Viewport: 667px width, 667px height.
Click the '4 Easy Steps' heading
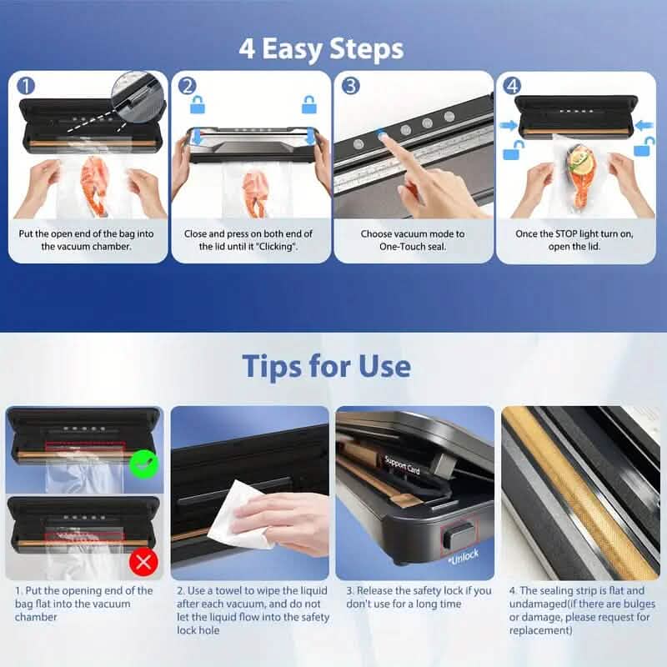(x=321, y=48)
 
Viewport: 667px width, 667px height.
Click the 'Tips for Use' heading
(x=327, y=366)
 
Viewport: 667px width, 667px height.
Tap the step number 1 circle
(x=26, y=86)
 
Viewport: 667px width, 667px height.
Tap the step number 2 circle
(x=188, y=86)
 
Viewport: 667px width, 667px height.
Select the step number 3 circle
(x=351, y=86)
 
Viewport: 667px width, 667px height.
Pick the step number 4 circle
(x=512, y=86)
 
